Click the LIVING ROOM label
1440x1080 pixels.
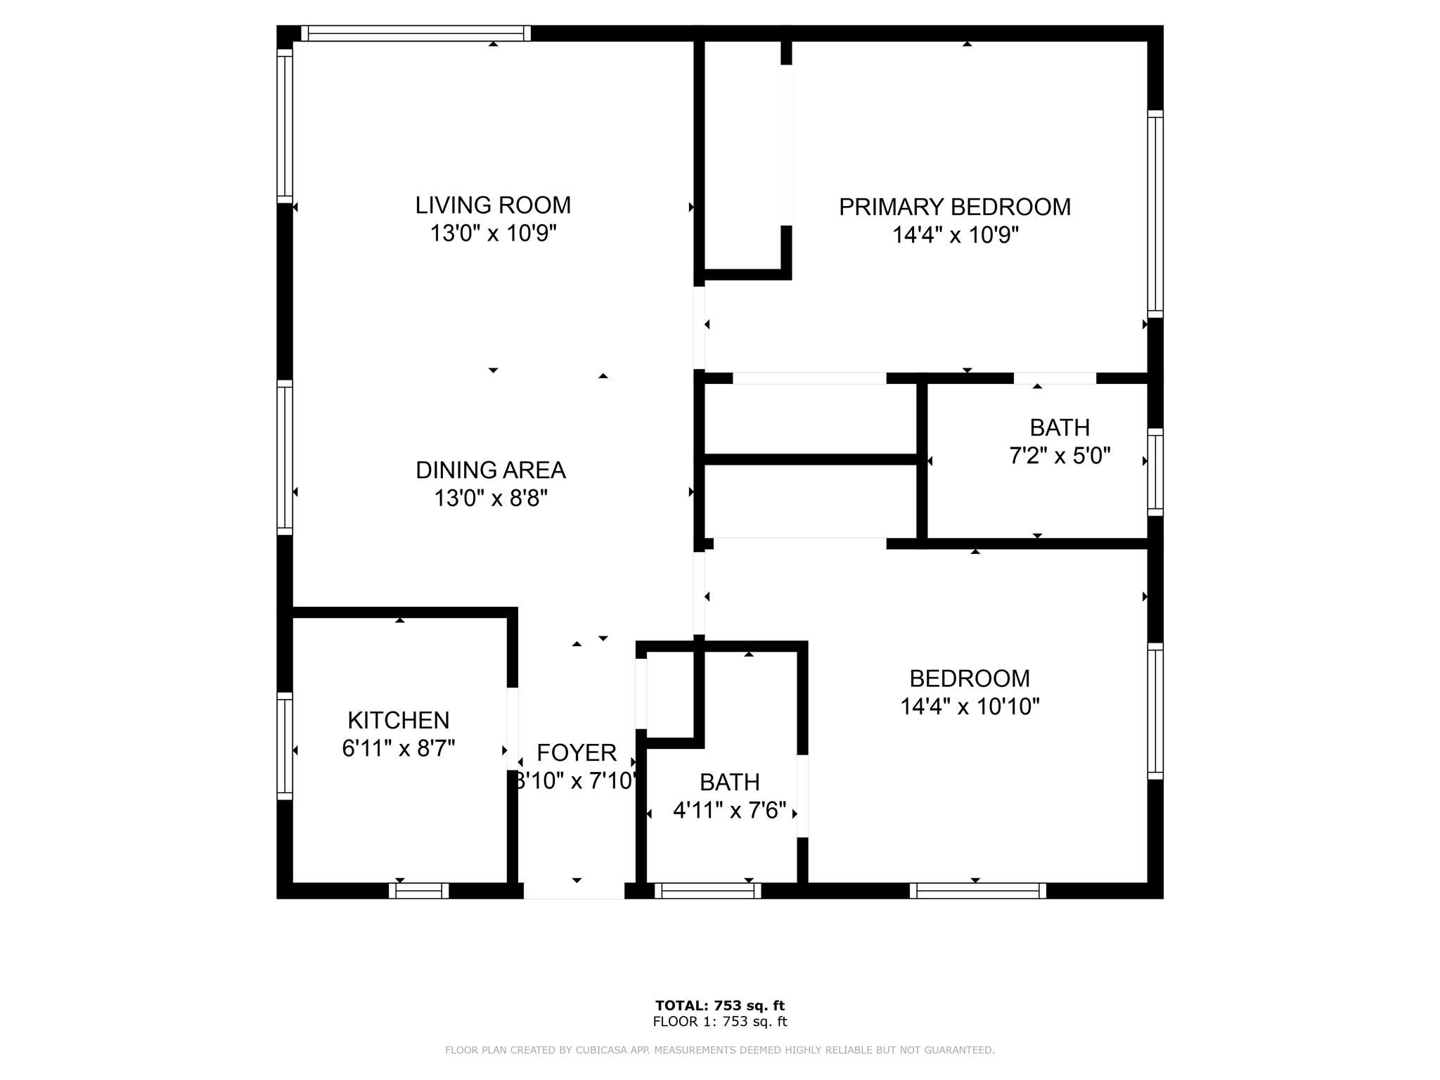[x=493, y=205]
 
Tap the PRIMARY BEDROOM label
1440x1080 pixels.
[x=954, y=207]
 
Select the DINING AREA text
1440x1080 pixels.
[x=490, y=470]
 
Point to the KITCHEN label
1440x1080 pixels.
[x=398, y=721]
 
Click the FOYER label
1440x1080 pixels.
[x=577, y=753]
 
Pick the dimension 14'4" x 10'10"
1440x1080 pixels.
[x=970, y=707]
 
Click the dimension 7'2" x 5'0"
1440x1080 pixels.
[x=1060, y=456]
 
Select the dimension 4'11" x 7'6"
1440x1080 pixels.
[x=729, y=811]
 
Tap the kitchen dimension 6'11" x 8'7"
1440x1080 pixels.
[x=398, y=749]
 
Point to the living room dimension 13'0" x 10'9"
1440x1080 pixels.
[x=493, y=233]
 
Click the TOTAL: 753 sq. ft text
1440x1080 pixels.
[x=719, y=1005]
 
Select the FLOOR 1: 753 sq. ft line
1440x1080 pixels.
[x=719, y=1022]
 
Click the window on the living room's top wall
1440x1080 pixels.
[x=416, y=34]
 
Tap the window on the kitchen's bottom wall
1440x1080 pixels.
[x=418, y=891]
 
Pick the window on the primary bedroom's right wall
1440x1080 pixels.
[x=1155, y=214]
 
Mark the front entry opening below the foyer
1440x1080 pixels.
[x=574, y=891]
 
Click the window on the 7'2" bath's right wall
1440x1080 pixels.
[x=1155, y=472]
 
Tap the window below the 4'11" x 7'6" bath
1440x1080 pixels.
[x=707, y=891]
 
